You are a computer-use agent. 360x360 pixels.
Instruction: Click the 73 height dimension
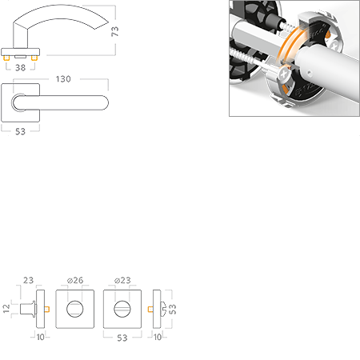click(114, 31)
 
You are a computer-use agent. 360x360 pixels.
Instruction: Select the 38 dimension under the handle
click(21, 68)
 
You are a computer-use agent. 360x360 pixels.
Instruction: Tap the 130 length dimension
click(63, 79)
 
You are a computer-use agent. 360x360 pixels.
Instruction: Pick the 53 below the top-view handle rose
click(20, 131)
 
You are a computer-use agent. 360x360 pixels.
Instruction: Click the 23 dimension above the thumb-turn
click(28, 280)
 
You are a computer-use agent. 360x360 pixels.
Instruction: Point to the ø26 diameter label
click(75, 280)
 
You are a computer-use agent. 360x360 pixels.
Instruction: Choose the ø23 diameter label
click(122, 280)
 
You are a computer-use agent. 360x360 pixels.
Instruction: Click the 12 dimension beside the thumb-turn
click(6, 309)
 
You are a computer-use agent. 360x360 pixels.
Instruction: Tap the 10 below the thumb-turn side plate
click(41, 337)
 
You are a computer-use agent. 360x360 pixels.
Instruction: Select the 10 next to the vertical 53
click(158, 337)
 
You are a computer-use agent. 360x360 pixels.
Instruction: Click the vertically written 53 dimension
click(173, 310)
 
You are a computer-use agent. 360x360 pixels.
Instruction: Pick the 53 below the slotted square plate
click(122, 338)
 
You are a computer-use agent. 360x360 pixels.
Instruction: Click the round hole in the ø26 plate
click(74, 309)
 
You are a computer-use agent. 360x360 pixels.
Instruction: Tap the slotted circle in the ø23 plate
click(122, 309)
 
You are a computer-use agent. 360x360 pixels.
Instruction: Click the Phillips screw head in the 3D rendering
click(284, 74)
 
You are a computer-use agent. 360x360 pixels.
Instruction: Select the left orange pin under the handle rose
click(6, 58)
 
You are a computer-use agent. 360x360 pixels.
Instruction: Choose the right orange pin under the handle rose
click(34, 58)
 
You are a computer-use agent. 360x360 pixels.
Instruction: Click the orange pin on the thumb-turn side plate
click(47, 309)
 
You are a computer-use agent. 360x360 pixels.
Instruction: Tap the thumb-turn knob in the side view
click(28, 309)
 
